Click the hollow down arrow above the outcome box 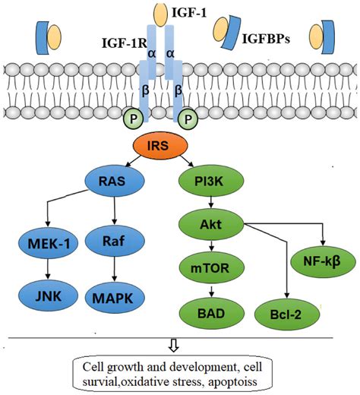(x=174, y=344)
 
